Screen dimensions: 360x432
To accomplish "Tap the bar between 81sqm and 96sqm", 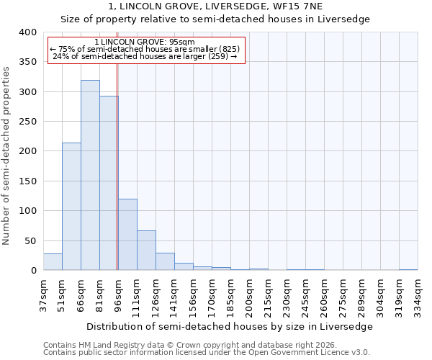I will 109,183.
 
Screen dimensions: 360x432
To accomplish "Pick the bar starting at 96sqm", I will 127,235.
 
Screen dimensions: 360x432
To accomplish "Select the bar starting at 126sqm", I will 165,261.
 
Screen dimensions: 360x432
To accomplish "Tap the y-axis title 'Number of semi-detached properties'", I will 6,155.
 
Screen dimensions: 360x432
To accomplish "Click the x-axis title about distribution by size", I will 230,326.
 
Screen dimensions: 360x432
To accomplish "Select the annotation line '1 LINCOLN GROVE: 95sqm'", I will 144,42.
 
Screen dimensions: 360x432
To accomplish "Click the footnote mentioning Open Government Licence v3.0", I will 206,352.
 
